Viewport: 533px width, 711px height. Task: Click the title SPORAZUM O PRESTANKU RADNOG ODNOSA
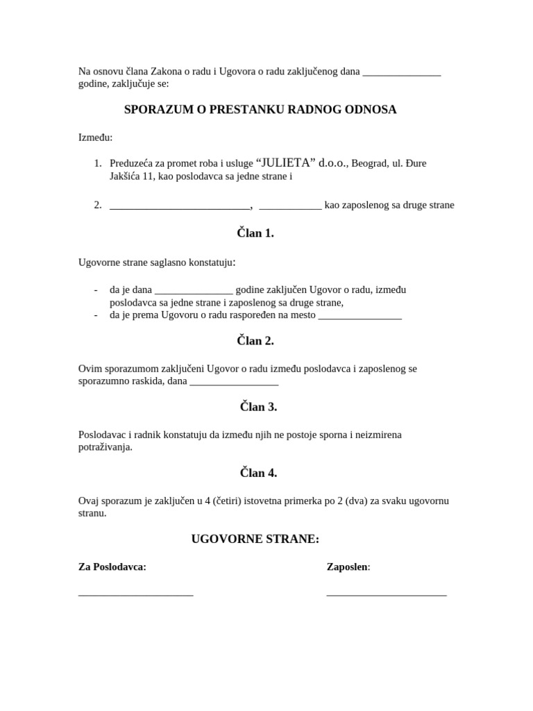tap(260, 110)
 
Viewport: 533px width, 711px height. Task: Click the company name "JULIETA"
tap(286, 162)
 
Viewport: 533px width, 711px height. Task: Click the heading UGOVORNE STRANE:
tap(255, 539)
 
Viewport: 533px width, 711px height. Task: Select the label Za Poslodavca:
tap(112, 567)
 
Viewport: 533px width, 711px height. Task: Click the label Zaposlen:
tap(348, 567)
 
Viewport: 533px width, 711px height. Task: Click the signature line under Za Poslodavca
tap(136, 594)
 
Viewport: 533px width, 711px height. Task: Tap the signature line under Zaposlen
tap(386, 594)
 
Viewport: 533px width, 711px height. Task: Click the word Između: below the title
tap(96, 137)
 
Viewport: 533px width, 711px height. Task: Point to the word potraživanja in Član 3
tap(105, 447)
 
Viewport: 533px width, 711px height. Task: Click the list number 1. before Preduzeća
tap(98, 163)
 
